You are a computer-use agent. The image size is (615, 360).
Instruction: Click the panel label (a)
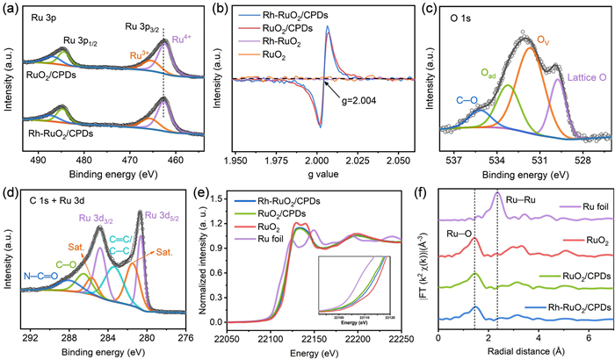click(11, 10)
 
